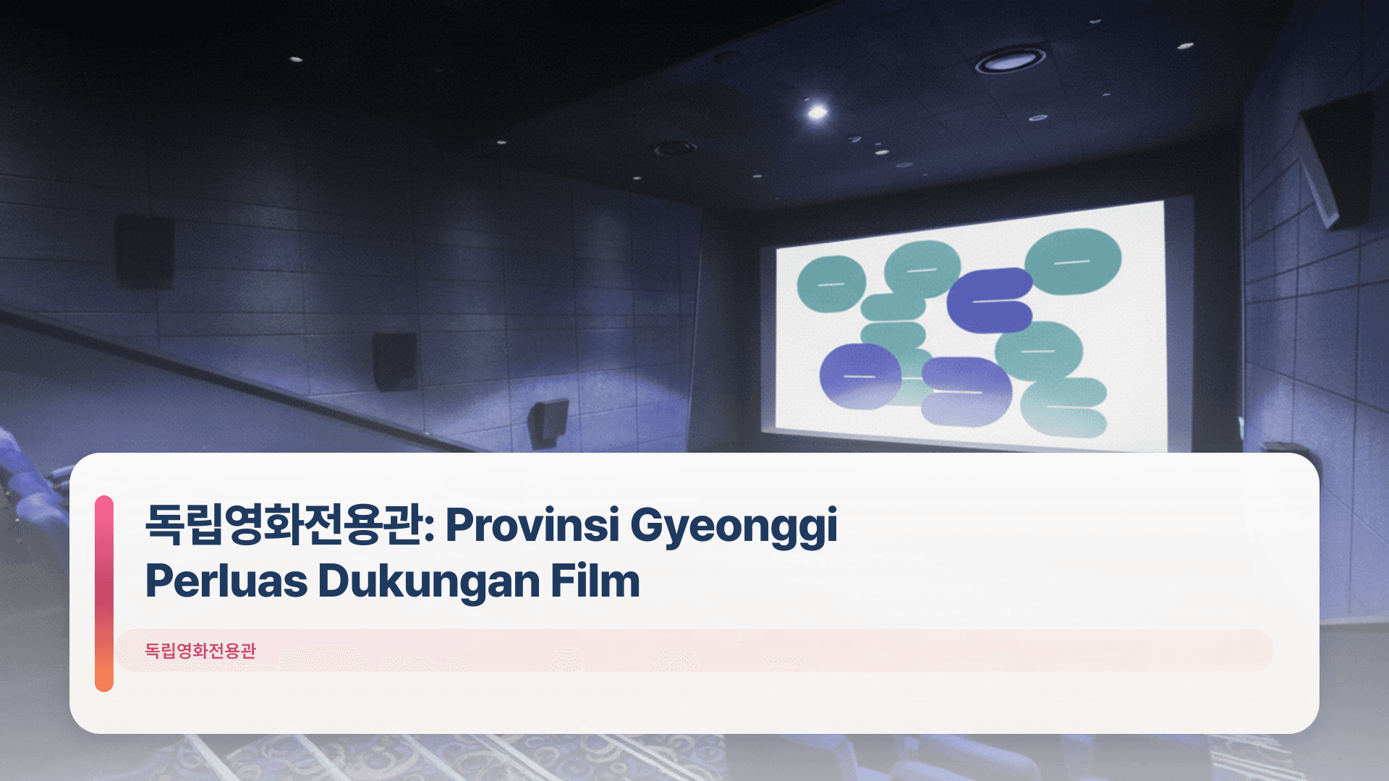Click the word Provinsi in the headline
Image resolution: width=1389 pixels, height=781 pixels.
[532, 524]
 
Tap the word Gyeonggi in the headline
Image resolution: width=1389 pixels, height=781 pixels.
[734, 524]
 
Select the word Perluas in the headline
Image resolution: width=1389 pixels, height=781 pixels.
[226, 581]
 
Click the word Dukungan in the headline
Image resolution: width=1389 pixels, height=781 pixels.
[428, 581]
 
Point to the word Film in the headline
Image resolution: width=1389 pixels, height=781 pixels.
[595, 581]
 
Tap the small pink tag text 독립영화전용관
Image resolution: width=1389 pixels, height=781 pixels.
[200, 650]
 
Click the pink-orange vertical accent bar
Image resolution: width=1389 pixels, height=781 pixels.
[104, 593]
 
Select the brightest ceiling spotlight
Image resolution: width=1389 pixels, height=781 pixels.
[817, 112]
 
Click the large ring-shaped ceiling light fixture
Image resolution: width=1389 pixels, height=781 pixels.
[1010, 61]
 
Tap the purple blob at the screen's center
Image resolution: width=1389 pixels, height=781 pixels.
[988, 299]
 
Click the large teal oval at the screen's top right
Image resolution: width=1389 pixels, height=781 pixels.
[1073, 261]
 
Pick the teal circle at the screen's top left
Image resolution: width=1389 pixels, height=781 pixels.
[831, 283]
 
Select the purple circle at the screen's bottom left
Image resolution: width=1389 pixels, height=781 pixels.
[859, 376]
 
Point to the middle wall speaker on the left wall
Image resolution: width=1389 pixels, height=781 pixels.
[394, 360]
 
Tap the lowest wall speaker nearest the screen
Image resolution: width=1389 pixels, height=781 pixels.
[547, 423]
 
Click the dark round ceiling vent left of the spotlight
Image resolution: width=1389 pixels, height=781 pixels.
[674, 149]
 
